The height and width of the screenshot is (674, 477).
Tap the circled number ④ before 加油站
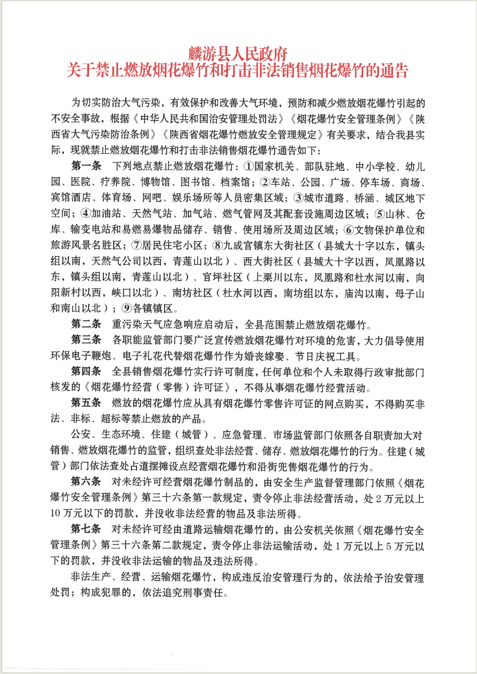(x=85, y=215)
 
